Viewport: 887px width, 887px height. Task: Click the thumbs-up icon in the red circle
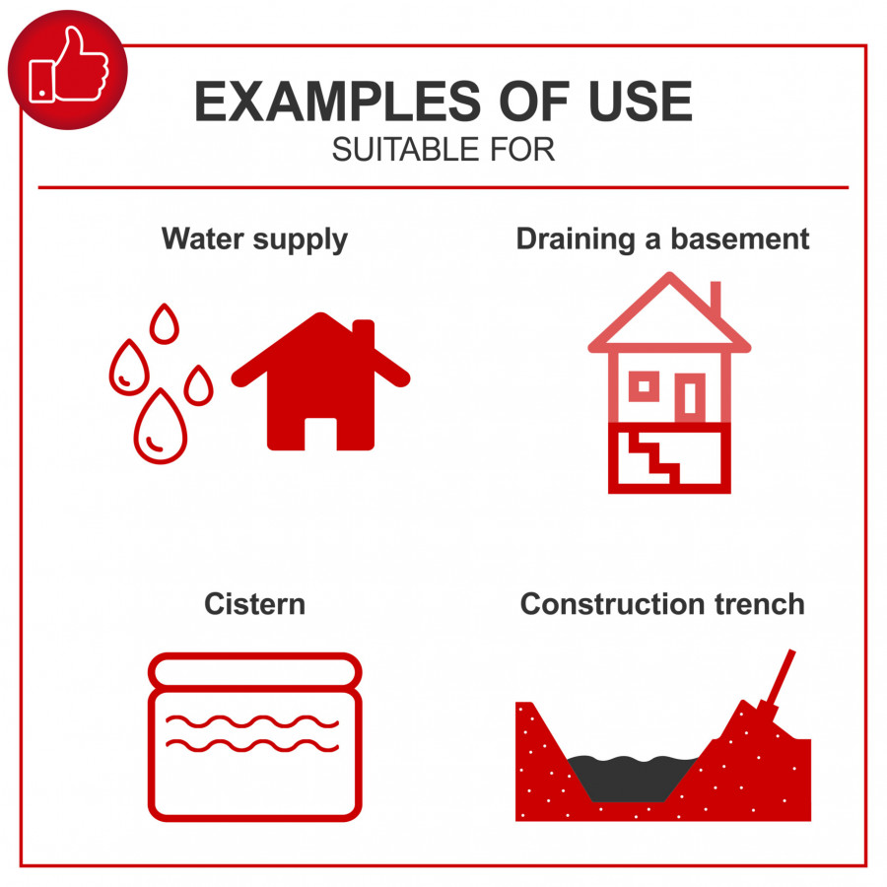68,66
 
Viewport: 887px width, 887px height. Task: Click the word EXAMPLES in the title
337,102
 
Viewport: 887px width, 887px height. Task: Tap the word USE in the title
640,102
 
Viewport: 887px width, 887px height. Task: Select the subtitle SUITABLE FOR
443,150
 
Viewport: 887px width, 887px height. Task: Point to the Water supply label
254,239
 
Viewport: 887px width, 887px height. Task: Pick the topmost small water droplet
165,323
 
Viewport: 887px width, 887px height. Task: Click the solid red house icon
320,381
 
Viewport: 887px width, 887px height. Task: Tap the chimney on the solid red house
364,334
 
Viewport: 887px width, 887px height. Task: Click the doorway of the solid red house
320,434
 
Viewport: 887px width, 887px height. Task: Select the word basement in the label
740,239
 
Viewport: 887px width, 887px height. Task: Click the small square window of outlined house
644,386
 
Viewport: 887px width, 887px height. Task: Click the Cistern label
254,604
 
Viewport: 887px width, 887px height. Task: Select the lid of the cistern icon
254,672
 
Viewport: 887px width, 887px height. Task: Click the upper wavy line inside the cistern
252,722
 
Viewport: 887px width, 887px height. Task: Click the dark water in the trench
633,778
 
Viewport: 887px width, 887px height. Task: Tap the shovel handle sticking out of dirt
780,680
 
